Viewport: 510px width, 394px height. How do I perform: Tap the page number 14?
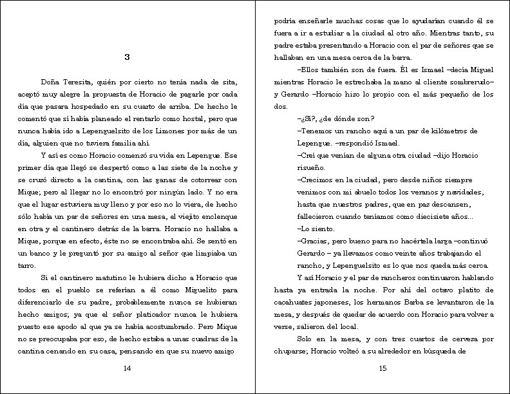(x=127, y=368)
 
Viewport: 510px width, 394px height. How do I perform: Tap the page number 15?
(x=382, y=368)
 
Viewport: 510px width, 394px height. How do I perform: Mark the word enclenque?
(x=218, y=216)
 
